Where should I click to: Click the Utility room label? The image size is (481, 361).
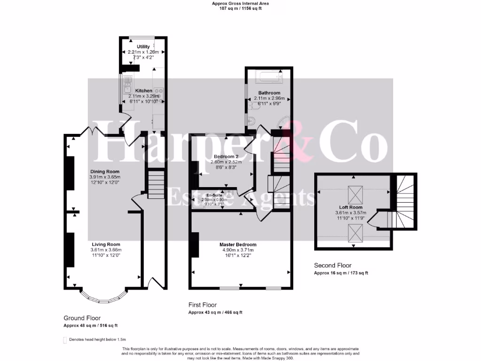143,47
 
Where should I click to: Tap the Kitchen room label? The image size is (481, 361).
144,90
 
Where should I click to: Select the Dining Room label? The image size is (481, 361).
105,172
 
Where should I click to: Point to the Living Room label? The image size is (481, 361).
106,244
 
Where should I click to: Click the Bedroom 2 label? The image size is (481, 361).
226,157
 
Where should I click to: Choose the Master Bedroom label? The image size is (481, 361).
238,245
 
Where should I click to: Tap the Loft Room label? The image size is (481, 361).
351,207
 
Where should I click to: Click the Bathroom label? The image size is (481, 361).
269,93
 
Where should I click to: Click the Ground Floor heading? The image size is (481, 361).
82,318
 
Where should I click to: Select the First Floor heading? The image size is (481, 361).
202,305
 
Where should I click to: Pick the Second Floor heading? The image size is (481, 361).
333,266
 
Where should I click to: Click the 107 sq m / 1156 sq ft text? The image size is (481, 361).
240,8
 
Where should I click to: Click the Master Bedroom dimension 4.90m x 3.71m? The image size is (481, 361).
238,251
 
